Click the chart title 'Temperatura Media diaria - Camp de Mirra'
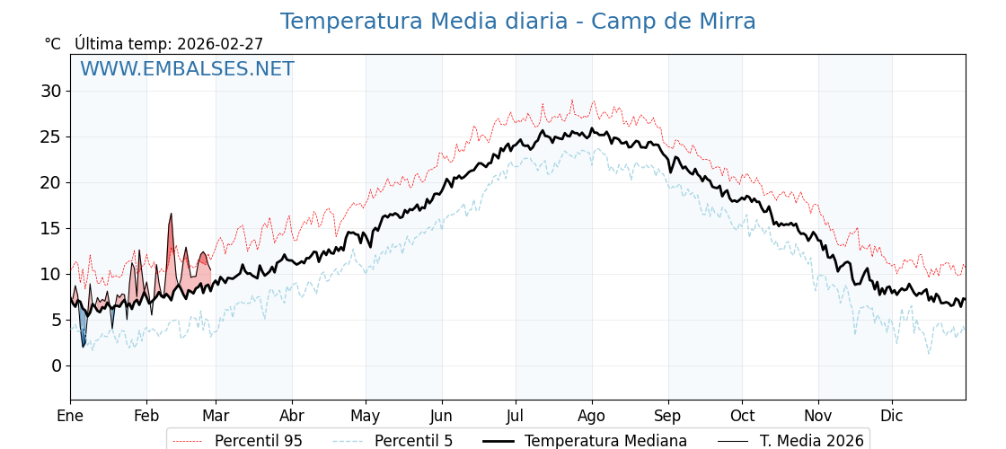tap(517, 22)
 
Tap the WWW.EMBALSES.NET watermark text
tap(187, 69)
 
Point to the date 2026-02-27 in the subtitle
tap(220, 44)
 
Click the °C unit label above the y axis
tap(53, 44)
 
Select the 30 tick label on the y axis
tap(50, 91)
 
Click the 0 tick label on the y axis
tap(57, 365)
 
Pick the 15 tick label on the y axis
tap(50, 228)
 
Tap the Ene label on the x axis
tap(70, 416)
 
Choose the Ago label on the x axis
tap(592, 416)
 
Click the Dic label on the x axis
tap(892, 416)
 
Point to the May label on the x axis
tap(366, 416)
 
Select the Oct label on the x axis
tap(742, 416)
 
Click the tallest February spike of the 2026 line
tap(171, 215)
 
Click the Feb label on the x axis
tap(146, 416)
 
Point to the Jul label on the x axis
tap(516, 416)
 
